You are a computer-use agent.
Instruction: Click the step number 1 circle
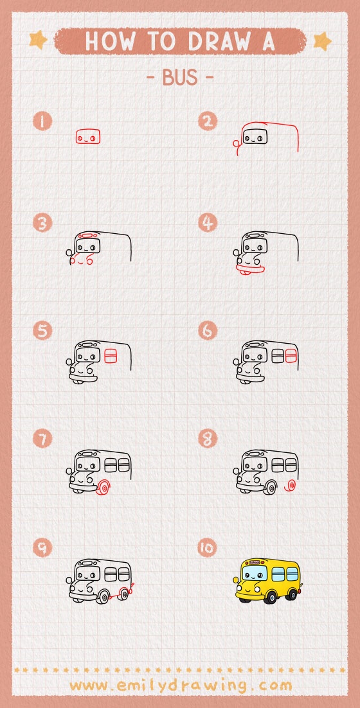[x=43, y=120]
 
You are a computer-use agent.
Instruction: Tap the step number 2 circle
[x=207, y=120]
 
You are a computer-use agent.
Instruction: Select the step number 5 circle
[x=43, y=331]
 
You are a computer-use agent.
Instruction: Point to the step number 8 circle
[x=207, y=439]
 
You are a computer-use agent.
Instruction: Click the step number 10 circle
[x=207, y=547]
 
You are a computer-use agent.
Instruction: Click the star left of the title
[x=38, y=40]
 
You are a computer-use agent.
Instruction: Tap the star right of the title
[x=321, y=40]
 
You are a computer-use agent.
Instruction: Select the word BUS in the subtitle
[x=179, y=78]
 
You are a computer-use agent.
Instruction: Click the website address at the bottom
[x=180, y=685]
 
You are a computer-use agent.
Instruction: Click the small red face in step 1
[x=88, y=137]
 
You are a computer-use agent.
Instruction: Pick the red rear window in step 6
[x=291, y=355]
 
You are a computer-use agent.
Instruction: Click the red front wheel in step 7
[x=102, y=489]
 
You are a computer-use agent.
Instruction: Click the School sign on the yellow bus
[x=255, y=562]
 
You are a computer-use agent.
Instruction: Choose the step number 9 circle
[x=43, y=547]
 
